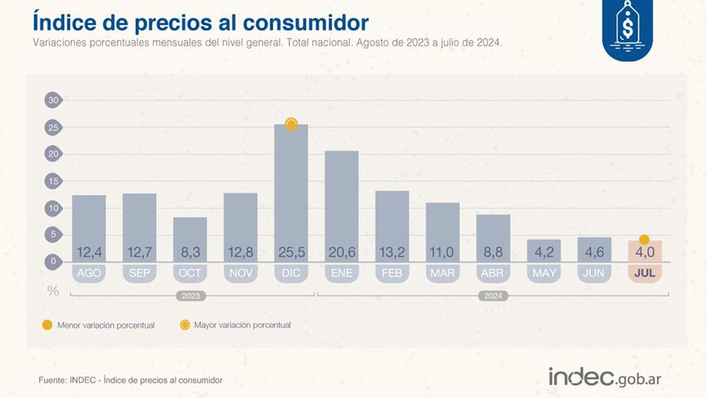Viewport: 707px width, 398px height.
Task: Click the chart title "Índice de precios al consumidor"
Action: tap(201, 22)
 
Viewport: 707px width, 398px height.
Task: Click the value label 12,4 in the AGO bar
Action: tap(89, 253)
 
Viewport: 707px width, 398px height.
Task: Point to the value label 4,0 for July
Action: tap(645, 253)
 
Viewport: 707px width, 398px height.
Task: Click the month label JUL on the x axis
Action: tap(645, 273)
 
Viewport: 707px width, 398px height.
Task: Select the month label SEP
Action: tap(140, 273)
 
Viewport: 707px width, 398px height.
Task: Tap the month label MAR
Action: tap(442, 273)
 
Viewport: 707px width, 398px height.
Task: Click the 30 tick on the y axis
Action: tap(54, 100)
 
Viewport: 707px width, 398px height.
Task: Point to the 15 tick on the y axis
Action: tap(54, 181)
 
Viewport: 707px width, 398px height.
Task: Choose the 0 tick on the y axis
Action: tap(54, 261)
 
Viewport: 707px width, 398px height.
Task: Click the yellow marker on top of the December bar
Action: tap(291, 124)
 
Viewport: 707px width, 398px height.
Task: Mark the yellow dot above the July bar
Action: tap(645, 239)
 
